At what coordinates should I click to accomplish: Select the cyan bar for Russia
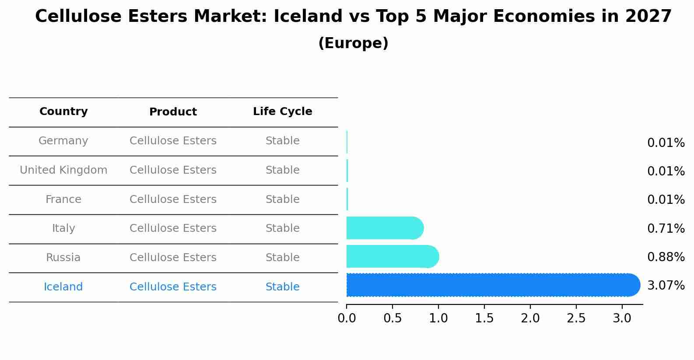click(392, 257)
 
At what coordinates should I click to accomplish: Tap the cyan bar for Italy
click(384, 228)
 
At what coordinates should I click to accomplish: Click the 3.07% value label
click(666, 286)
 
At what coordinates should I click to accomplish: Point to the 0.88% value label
click(666, 257)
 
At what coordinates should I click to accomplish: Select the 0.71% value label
click(666, 228)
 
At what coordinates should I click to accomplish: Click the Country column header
click(63, 112)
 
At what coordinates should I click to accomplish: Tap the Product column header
click(173, 112)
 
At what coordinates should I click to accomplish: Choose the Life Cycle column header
click(282, 112)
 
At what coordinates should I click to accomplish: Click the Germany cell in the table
click(63, 141)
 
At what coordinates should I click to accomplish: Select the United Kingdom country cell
click(63, 170)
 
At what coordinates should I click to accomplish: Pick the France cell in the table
click(63, 199)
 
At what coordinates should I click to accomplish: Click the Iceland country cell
click(63, 287)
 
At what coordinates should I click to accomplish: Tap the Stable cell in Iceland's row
click(282, 287)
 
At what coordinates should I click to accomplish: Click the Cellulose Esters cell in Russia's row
click(173, 258)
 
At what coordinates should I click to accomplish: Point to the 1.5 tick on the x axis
click(484, 318)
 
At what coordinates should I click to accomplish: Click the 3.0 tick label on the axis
click(622, 318)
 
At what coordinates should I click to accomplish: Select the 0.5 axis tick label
click(393, 318)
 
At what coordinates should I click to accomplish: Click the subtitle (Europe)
click(353, 43)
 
